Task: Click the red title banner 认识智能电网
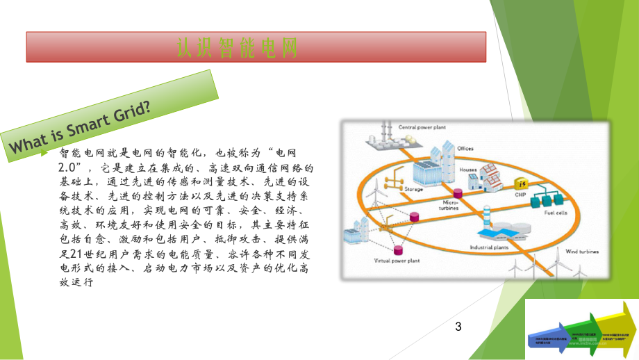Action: pos(256,48)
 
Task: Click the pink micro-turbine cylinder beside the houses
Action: pos(457,192)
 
